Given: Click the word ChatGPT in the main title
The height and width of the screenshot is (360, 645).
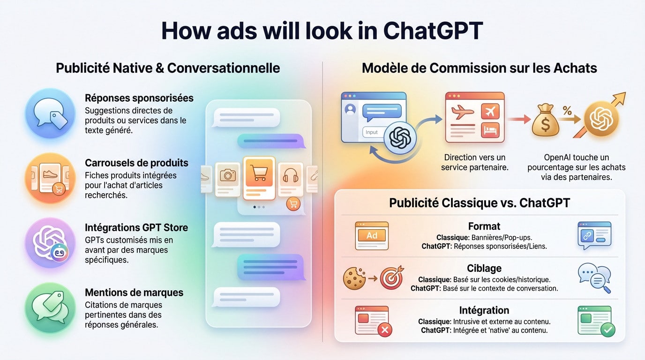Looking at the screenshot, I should point(433,30).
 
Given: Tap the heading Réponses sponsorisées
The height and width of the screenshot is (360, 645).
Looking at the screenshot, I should point(139,98).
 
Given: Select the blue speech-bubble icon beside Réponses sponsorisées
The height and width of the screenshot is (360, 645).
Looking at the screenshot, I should point(50,113).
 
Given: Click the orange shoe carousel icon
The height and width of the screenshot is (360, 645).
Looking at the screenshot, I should point(50,178).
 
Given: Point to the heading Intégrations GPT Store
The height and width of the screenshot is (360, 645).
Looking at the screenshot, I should point(136,228).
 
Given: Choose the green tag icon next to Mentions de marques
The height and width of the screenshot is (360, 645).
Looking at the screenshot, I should point(50,307).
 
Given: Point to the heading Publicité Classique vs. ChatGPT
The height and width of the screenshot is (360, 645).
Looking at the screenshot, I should point(480,203).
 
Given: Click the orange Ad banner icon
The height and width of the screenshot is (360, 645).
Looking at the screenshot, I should point(372,235).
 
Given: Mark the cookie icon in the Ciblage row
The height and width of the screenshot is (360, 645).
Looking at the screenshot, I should point(354,278).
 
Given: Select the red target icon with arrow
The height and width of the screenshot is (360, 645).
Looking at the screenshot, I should point(391,278).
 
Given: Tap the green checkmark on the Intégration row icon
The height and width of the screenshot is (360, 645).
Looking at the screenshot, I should point(608,330).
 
